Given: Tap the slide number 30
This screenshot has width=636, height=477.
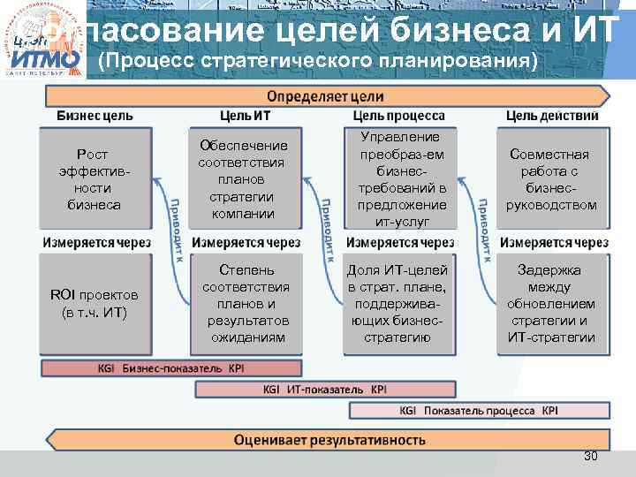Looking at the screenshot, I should pyautogui.click(x=591, y=456).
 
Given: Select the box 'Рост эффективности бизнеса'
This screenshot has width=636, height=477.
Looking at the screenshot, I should pyautogui.click(x=93, y=179).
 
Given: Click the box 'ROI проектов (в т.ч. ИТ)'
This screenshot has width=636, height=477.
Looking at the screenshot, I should pyautogui.click(x=93, y=303).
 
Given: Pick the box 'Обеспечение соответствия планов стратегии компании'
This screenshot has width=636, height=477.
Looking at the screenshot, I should pyautogui.click(x=244, y=179).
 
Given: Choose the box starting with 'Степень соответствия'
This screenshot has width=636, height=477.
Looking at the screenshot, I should pyautogui.click(x=244, y=303).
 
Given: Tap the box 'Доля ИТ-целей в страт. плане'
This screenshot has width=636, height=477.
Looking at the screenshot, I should pyautogui.click(x=397, y=303).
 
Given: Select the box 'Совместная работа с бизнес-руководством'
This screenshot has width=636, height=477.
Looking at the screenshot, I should pyautogui.click(x=551, y=179).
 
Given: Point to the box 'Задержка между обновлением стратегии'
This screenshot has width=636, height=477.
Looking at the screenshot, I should pyautogui.click(x=551, y=303).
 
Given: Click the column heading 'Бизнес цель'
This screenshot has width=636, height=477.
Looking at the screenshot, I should pyautogui.click(x=95, y=116).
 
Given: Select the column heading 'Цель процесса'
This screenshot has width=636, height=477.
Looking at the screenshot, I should pyautogui.click(x=398, y=116).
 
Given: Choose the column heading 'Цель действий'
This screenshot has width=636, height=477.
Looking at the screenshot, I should pyautogui.click(x=552, y=116).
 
